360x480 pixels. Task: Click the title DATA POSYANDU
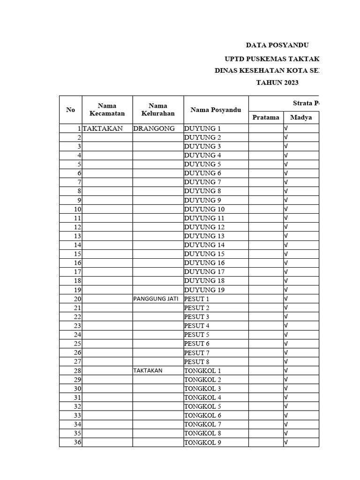(277, 45)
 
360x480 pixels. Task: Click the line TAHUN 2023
(277, 83)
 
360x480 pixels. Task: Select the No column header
(71, 110)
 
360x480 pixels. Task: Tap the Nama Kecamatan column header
(107, 110)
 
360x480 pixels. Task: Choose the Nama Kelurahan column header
(158, 110)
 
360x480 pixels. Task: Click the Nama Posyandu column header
(216, 110)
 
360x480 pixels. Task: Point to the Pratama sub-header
(266, 118)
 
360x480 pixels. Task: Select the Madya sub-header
(301, 118)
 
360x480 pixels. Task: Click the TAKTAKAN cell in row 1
(103, 128)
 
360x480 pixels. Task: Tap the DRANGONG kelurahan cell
(154, 128)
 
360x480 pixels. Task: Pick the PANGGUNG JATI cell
(156, 299)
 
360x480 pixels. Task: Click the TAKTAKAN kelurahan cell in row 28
(148, 371)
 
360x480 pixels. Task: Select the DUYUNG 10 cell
(204, 209)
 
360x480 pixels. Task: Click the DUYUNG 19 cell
(204, 290)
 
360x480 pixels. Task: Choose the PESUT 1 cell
(197, 299)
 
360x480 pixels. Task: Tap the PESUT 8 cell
(197, 362)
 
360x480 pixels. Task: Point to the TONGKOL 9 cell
(202, 442)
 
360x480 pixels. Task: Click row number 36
(77, 442)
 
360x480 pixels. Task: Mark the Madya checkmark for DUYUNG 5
(286, 165)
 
